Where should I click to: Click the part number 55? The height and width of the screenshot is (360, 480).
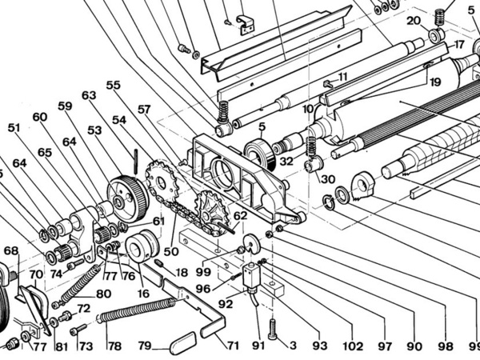click(x=114, y=85)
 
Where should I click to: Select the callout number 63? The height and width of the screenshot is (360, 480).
click(x=89, y=95)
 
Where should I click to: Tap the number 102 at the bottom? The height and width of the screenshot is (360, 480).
click(x=353, y=346)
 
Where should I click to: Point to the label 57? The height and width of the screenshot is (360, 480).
click(x=144, y=110)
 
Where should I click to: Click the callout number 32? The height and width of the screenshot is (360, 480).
click(x=286, y=162)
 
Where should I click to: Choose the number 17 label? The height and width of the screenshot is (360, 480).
click(x=458, y=45)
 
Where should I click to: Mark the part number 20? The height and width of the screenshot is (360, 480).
click(x=414, y=22)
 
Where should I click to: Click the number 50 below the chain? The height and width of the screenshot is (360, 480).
click(x=171, y=252)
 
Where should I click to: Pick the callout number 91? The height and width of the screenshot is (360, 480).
click(x=258, y=346)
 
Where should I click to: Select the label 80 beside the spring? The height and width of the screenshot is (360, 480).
click(x=103, y=294)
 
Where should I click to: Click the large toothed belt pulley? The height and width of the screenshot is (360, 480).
click(x=128, y=199)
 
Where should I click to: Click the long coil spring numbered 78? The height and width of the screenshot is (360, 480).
click(x=137, y=310)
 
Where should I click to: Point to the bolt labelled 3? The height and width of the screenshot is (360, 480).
click(x=274, y=329)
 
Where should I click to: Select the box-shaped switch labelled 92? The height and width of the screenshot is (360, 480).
click(x=251, y=277)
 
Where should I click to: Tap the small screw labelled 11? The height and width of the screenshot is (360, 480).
click(x=329, y=82)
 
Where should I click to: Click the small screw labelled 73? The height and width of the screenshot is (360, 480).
click(x=78, y=330)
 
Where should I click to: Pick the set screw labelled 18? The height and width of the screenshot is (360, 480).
click(x=158, y=262)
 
